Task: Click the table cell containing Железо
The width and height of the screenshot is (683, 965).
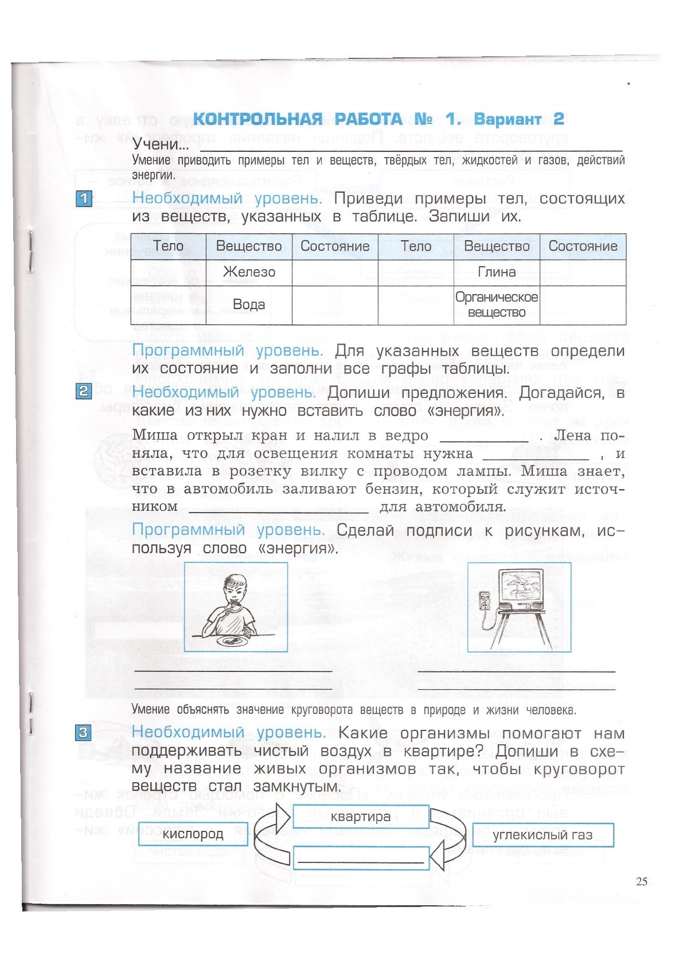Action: [x=249, y=272]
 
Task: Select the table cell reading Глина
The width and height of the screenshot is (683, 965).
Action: [x=497, y=272]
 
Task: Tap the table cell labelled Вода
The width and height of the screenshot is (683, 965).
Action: [x=249, y=304]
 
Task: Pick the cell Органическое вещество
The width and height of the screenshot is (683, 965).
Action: [x=497, y=304]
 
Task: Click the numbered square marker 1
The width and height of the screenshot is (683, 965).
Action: [x=84, y=199]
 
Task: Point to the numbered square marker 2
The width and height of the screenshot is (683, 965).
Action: [x=84, y=391]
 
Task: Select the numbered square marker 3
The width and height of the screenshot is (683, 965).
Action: [x=84, y=732]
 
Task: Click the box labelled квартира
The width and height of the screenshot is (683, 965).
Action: [x=361, y=816]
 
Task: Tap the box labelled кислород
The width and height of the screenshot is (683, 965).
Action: [x=193, y=834]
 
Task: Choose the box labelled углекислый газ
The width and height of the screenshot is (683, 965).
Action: [x=543, y=835]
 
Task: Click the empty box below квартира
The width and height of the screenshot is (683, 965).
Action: [x=361, y=858]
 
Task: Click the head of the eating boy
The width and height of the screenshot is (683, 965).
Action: [x=236, y=588]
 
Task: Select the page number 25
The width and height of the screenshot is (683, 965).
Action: [x=642, y=881]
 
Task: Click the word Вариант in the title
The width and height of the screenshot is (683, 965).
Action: [x=508, y=119]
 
